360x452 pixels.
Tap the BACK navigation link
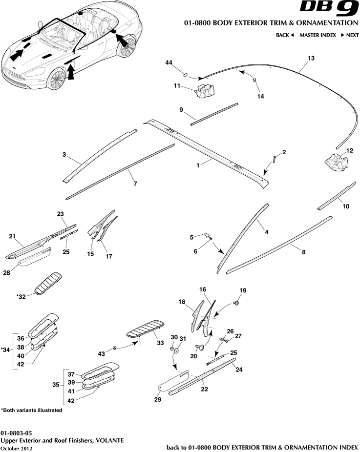(x=285, y=35)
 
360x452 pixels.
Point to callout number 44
(x=169, y=63)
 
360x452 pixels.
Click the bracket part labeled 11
(x=206, y=91)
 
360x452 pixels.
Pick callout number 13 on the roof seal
(x=311, y=58)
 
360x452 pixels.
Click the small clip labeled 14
(x=255, y=80)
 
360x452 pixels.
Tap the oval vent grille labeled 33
(x=146, y=329)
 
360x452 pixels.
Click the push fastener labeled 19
(x=237, y=303)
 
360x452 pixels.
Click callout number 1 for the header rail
(x=198, y=165)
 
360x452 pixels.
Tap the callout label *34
(x=5, y=349)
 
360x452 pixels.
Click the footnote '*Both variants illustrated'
(x=32, y=411)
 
